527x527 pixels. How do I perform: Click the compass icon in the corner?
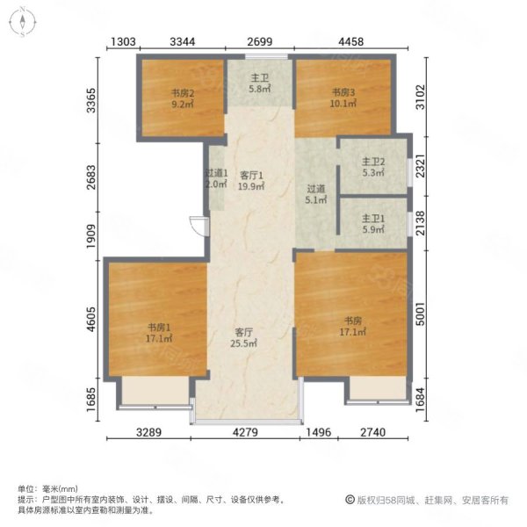click(x=22, y=22)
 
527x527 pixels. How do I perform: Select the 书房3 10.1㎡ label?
click(x=343, y=97)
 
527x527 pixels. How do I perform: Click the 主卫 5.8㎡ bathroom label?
click(x=260, y=83)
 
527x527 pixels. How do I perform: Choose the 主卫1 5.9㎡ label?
click(x=373, y=224)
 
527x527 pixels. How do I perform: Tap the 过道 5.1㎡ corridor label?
click(x=316, y=194)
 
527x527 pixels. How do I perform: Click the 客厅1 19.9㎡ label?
click(x=251, y=180)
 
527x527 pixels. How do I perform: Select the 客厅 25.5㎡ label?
click(x=243, y=338)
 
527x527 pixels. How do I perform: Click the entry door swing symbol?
click(x=199, y=226)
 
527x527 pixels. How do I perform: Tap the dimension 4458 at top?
click(x=350, y=41)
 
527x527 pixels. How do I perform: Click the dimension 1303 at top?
click(x=123, y=41)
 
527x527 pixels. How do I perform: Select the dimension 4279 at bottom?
click(x=245, y=432)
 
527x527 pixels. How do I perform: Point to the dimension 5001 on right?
click(x=421, y=314)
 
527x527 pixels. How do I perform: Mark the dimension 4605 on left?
click(x=91, y=319)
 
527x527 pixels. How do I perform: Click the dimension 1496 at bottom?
click(x=319, y=432)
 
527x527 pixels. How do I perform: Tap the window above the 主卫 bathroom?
click(x=266, y=56)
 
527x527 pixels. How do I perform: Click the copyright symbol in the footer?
click(x=350, y=500)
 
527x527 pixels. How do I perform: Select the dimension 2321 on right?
click(x=421, y=166)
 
